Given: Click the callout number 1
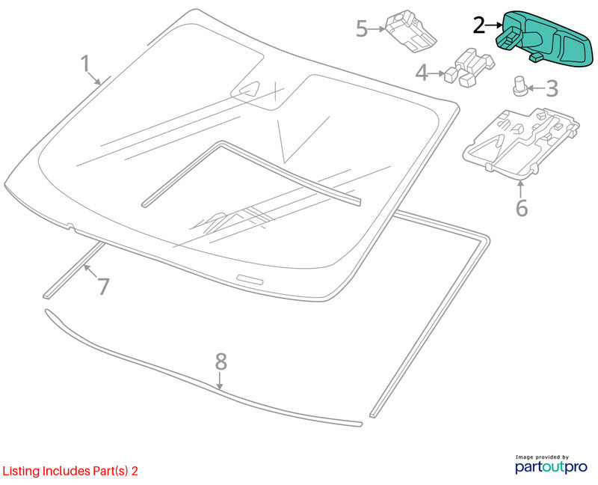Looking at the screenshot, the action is tap(85, 64).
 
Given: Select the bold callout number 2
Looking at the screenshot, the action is tap(479, 25).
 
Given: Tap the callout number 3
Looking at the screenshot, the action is tap(552, 88).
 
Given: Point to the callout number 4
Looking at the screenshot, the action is tap(422, 73).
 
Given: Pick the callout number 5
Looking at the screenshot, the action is tap(362, 28).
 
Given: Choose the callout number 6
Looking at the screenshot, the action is tap(522, 209).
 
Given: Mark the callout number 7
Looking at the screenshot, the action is tap(103, 286).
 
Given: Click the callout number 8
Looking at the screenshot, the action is tap(221, 362).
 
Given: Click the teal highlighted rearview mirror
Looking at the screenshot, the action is tap(545, 37).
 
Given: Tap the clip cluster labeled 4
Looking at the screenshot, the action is tap(469, 67).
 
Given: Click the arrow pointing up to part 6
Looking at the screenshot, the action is tap(521, 189).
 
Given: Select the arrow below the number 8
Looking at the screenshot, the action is tap(220, 381).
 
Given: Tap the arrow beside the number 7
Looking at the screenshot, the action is tap(90, 272).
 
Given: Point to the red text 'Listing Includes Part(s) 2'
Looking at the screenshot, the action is tap(70, 471).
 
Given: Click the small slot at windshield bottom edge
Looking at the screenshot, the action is tap(250, 279).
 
